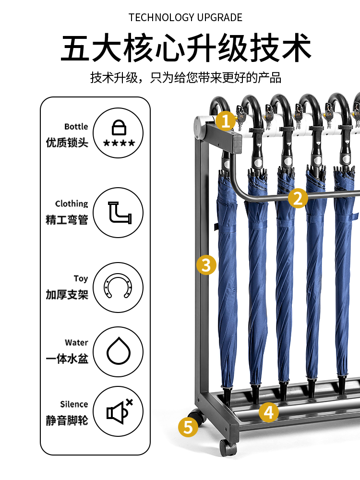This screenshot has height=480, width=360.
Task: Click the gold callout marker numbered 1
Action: (226, 121)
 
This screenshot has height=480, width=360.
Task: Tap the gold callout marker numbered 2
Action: (298, 198)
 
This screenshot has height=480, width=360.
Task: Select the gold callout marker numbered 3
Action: (206, 265)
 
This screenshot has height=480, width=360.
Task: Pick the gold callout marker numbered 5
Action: (188, 427)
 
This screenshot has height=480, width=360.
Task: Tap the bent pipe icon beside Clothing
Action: (120, 213)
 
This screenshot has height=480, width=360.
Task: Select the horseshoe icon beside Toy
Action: (118, 285)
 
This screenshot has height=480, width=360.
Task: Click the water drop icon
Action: (119, 351)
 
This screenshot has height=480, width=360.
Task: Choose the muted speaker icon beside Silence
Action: (120, 411)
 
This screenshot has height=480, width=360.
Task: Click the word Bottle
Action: (76, 126)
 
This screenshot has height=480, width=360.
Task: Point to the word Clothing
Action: (72, 204)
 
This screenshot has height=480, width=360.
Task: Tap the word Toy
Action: (81, 279)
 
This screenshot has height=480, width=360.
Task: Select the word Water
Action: (76, 343)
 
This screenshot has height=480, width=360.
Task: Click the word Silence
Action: (74, 404)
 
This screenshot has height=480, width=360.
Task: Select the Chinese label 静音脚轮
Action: (67, 420)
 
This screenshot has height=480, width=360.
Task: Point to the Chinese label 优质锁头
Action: (67, 143)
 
